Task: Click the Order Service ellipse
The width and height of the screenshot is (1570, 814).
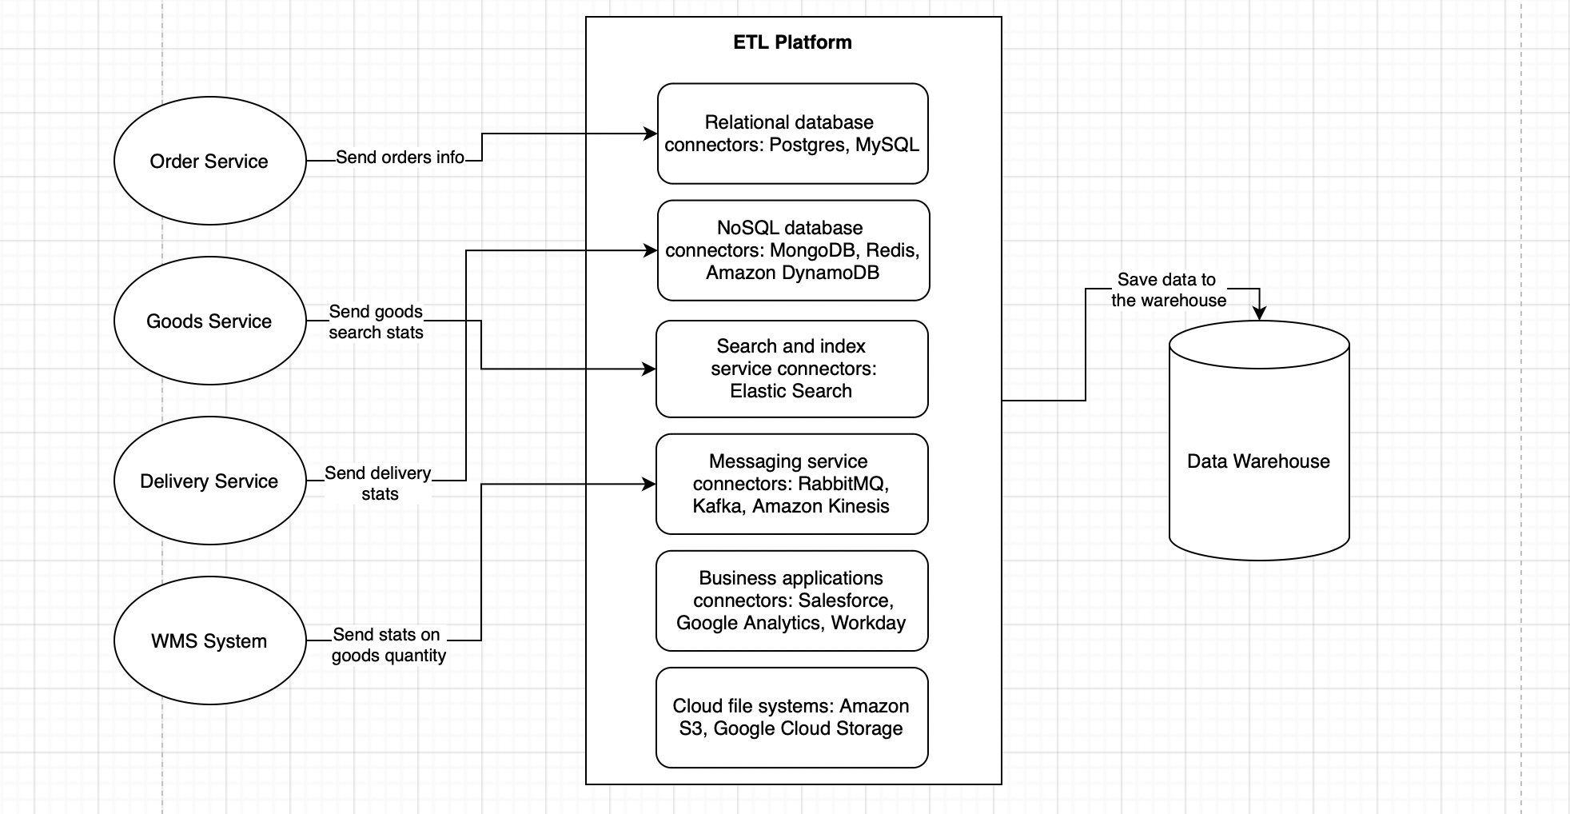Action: click(x=209, y=161)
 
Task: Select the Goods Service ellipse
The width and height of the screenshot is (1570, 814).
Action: click(x=209, y=321)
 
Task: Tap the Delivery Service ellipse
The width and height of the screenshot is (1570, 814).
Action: click(x=209, y=481)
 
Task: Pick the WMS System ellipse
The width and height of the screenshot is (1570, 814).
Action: click(x=209, y=640)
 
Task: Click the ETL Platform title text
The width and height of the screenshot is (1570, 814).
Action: click(x=792, y=42)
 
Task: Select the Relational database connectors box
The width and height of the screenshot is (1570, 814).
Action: click(x=792, y=134)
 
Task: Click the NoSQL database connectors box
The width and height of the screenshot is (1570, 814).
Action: click(x=793, y=250)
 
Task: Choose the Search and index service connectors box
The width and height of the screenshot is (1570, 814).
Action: click(x=791, y=369)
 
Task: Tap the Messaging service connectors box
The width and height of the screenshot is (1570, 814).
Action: click(x=791, y=484)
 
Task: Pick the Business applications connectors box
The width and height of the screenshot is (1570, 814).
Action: click(x=791, y=601)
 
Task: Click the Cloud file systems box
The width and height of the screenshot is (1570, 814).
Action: click(x=791, y=717)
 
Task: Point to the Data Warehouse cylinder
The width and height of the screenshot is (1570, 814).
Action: click(x=1259, y=461)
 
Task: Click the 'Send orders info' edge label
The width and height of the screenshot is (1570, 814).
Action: click(x=400, y=158)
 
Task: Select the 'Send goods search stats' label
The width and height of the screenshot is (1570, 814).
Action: click(x=376, y=321)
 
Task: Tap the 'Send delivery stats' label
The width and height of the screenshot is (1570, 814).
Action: click(x=378, y=483)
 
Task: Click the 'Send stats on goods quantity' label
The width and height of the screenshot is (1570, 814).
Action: click(x=389, y=644)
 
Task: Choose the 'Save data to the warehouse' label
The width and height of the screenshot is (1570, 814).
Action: click(x=1168, y=289)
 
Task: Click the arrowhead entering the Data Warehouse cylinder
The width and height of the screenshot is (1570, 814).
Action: click(x=1259, y=313)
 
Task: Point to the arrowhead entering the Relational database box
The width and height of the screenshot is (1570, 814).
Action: click(x=651, y=134)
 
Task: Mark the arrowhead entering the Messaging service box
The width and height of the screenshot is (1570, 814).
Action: click(x=649, y=484)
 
